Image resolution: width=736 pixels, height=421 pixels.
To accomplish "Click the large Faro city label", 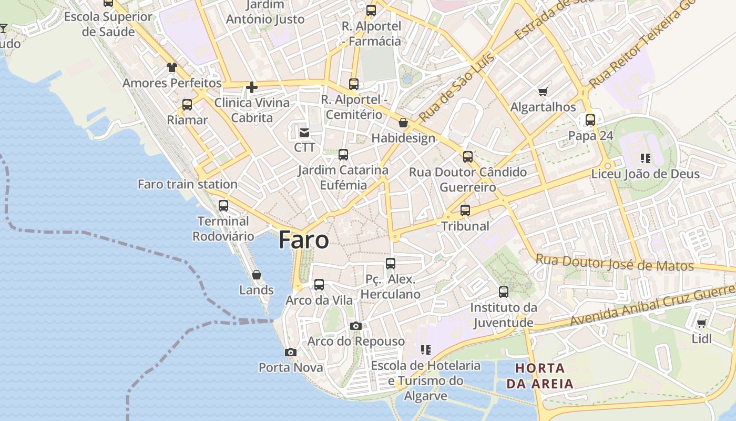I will (x=304, y=240).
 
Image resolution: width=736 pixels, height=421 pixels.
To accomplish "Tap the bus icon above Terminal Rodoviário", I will (x=223, y=206).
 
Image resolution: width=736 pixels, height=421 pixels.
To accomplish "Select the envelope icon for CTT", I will (x=304, y=132).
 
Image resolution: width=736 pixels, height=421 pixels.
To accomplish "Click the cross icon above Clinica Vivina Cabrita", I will (x=252, y=87).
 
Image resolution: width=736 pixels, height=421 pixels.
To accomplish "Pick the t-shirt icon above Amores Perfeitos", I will (x=172, y=67).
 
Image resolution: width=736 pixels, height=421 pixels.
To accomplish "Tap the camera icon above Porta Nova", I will (x=290, y=352).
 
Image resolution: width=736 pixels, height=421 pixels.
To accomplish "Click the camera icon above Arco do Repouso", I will (x=356, y=326).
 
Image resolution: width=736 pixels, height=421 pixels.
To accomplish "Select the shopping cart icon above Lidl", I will (x=701, y=324).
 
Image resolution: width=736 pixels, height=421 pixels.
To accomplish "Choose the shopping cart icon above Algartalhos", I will (x=543, y=92).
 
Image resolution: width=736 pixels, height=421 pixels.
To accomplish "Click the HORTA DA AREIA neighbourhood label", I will (x=540, y=376).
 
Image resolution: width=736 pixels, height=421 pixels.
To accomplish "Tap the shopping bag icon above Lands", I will (x=257, y=275).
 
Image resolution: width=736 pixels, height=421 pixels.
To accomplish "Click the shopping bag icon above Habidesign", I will (x=403, y=123).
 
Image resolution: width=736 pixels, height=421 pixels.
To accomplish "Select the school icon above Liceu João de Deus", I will (x=646, y=158).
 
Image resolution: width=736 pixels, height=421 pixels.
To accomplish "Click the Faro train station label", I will (x=188, y=184).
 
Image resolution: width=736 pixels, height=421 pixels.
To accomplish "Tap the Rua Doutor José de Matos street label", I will (x=615, y=263).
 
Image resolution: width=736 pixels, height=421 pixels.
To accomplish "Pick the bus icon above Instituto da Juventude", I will (x=504, y=292).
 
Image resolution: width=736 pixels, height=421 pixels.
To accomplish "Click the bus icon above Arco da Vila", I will (x=319, y=285).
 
